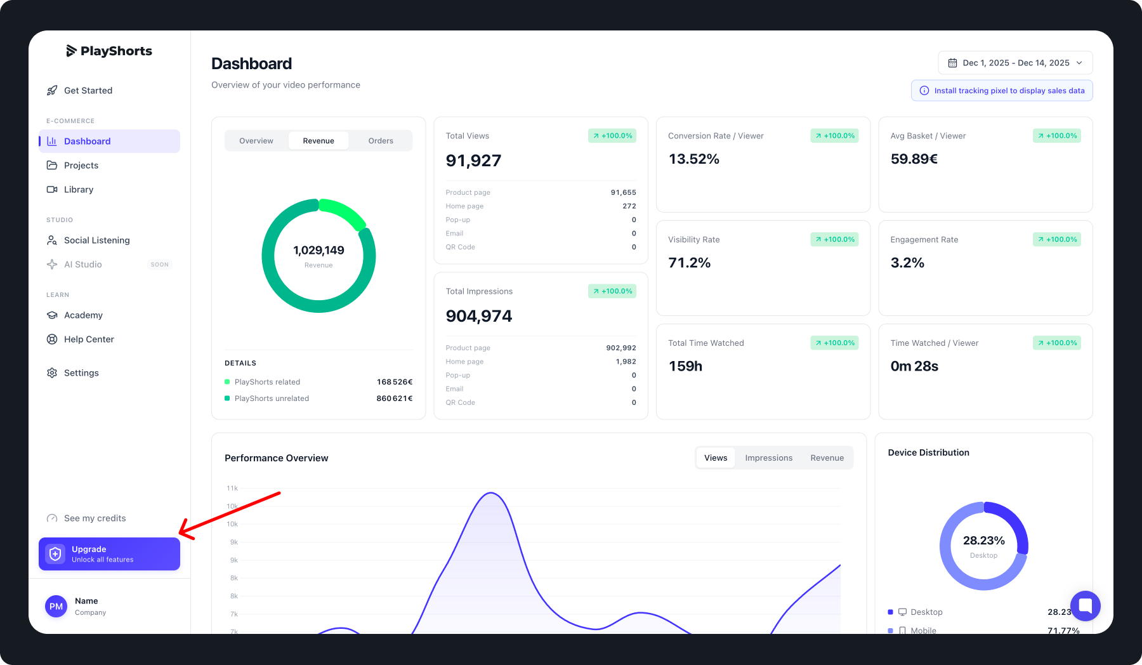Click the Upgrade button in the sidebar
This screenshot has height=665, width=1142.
click(109, 554)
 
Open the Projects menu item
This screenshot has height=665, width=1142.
click(81, 166)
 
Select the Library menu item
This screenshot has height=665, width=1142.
click(79, 190)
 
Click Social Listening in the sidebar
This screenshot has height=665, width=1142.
click(96, 240)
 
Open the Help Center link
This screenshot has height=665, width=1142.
click(89, 339)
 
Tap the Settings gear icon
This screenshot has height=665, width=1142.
click(52, 373)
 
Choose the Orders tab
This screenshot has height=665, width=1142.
click(381, 141)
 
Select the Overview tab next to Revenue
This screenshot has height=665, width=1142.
click(256, 141)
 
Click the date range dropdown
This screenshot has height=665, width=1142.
click(1015, 63)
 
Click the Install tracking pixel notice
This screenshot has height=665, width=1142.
click(1002, 91)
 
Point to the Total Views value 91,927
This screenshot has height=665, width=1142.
click(473, 161)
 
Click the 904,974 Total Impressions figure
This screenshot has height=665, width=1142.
click(479, 316)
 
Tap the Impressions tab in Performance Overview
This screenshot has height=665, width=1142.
click(768, 458)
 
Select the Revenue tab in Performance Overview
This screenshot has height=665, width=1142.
click(827, 458)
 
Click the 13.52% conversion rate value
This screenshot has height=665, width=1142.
click(694, 159)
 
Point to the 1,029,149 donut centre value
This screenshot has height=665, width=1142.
click(318, 251)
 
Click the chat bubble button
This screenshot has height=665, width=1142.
click(1085, 605)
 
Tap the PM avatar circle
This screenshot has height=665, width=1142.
click(56, 607)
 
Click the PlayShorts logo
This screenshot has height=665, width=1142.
click(109, 51)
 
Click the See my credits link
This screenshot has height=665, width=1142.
click(95, 518)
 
